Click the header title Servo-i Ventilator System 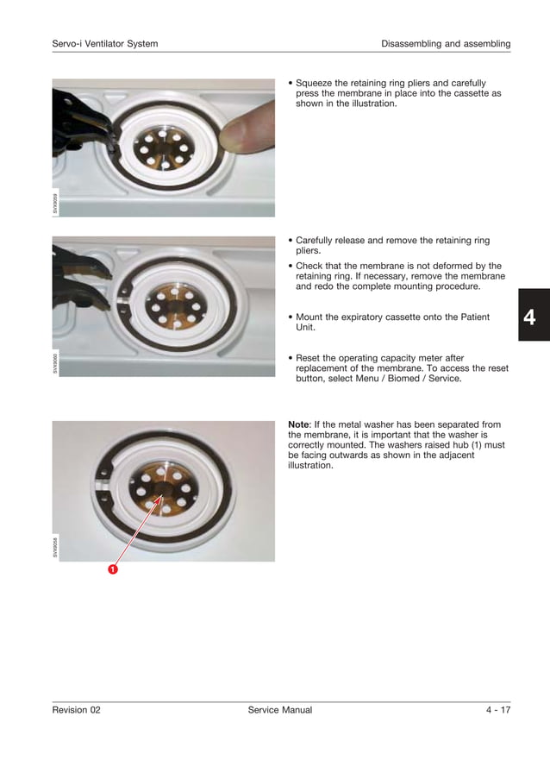(x=105, y=43)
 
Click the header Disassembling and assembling (x=446, y=43)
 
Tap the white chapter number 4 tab (x=529, y=317)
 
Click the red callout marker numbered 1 (x=112, y=570)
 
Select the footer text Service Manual (x=279, y=710)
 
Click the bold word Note (x=298, y=424)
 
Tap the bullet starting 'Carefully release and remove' (x=392, y=246)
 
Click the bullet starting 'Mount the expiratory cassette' (x=392, y=323)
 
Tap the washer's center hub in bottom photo (x=161, y=490)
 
